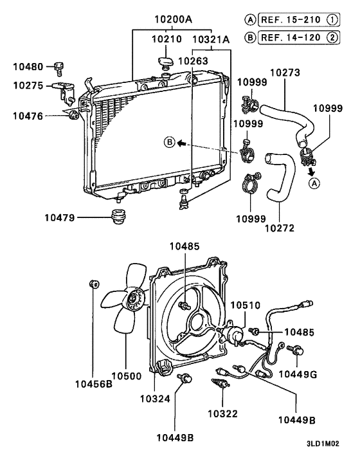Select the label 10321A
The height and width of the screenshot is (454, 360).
tap(212, 39)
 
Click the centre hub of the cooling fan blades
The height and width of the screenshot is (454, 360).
tap(134, 297)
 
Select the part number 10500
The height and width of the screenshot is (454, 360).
tap(127, 376)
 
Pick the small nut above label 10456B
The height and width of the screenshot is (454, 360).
tap(94, 284)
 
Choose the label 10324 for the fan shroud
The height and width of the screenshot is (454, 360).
tap(156, 399)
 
